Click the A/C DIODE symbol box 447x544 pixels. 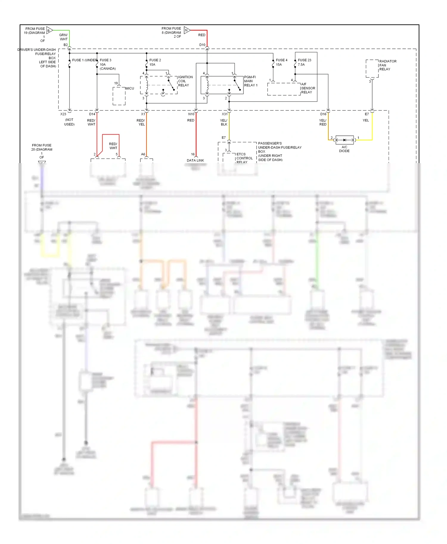(x=344, y=140)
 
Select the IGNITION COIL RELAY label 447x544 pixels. (x=185, y=81)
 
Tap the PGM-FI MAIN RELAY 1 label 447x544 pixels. (x=251, y=81)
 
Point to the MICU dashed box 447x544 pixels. (x=119, y=96)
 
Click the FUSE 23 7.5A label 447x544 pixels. (x=304, y=62)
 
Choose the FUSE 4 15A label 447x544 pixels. (x=281, y=62)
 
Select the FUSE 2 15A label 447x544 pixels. (x=155, y=62)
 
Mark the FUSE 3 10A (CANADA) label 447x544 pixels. (x=107, y=64)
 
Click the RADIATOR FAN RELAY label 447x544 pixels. (x=387, y=65)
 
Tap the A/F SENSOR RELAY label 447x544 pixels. (x=308, y=88)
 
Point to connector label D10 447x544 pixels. (x=202, y=45)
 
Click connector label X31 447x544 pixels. (x=224, y=114)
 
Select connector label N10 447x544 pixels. (x=191, y=114)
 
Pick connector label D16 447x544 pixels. (x=323, y=114)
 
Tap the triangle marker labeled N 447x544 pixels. (x=187, y=30)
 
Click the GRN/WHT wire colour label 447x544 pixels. (x=63, y=37)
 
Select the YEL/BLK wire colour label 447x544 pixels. (x=224, y=122)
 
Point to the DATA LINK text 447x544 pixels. (x=195, y=160)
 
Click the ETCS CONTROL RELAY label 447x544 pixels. (x=244, y=158)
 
